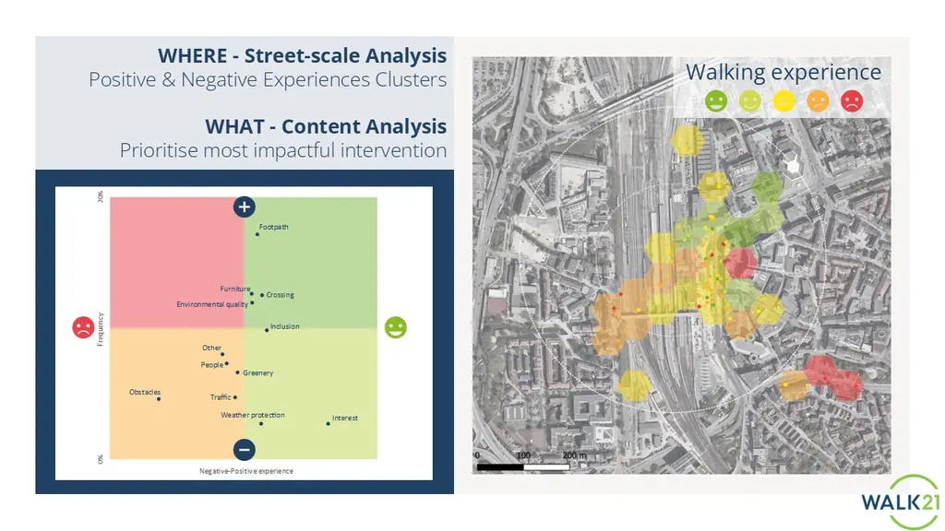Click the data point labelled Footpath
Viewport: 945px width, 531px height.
[x=257, y=234]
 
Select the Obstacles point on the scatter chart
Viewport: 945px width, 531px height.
[x=159, y=399]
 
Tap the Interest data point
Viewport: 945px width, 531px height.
[x=328, y=424]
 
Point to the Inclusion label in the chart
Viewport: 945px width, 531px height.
[x=284, y=326]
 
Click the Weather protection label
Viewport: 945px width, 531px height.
[x=253, y=415]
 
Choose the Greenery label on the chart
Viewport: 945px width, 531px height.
[x=258, y=373]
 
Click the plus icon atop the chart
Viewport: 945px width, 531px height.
[x=244, y=207]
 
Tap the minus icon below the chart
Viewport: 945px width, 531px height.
[x=244, y=450]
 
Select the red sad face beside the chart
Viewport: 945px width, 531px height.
[x=83, y=327]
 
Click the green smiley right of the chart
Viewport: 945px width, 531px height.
[x=396, y=327]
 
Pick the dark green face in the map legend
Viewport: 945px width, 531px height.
[x=716, y=101]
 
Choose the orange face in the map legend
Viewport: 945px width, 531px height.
[x=818, y=101]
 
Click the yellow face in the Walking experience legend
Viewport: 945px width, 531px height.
[x=784, y=101]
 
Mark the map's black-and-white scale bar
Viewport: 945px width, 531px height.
[x=523, y=466]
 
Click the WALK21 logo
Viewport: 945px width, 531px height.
[x=901, y=501]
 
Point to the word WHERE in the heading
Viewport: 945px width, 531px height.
[x=193, y=55]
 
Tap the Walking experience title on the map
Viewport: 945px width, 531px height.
[x=783, y=72]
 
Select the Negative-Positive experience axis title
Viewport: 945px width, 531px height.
[x=246, y=471]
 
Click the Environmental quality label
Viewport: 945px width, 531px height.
[x=212, y=304]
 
